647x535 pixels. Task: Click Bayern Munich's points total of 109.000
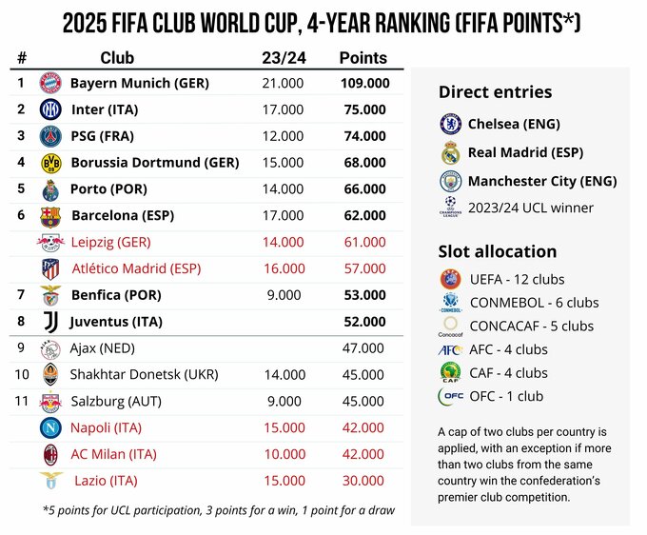(365, 84)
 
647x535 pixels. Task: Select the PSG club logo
(50, 137)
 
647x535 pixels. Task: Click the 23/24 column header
(282, 58)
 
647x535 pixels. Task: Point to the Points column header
(363, 58)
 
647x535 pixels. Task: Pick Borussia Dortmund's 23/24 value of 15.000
(283, 163)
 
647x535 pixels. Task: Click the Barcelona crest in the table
(50, 216)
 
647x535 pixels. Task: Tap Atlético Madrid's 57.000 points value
(365, 268)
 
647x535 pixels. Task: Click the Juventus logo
(50, 323)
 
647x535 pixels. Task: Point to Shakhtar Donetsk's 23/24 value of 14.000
(283, 375)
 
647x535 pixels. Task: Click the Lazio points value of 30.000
(365, 481)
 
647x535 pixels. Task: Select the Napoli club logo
(50, 428)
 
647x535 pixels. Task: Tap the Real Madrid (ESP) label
(526, 152)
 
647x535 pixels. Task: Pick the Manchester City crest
(450, 181)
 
